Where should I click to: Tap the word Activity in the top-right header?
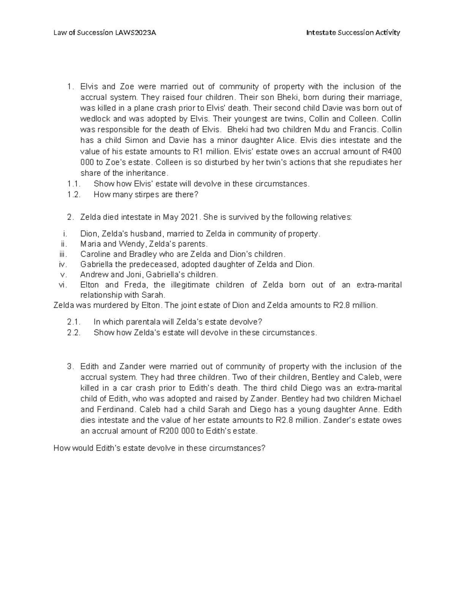(388, 33)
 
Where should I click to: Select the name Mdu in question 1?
(329, 130)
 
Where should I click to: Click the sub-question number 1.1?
(74, 184)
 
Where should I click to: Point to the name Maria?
(90, 244)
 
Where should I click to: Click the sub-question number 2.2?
(74, 333)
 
